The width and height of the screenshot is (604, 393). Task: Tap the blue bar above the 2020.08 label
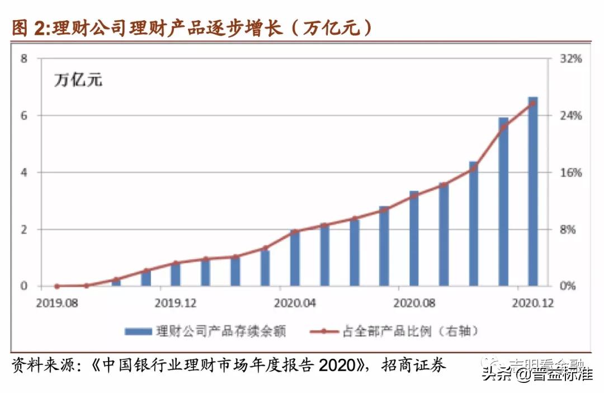[414, 238]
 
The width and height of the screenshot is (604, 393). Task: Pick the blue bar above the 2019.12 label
[175, 274]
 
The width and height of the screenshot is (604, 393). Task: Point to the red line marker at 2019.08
[56, 286]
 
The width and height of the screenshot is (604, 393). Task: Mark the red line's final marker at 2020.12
[532, 103]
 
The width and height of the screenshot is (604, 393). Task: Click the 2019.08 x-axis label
[56, 303]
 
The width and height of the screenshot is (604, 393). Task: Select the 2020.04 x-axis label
[295, 303]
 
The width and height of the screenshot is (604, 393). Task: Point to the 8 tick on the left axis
[23, 59]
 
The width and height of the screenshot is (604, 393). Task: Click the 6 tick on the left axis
[23, 116]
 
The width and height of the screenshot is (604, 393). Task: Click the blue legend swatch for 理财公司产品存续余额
[139, 331]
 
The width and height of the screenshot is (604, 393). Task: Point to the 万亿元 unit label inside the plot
[78, 80]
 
